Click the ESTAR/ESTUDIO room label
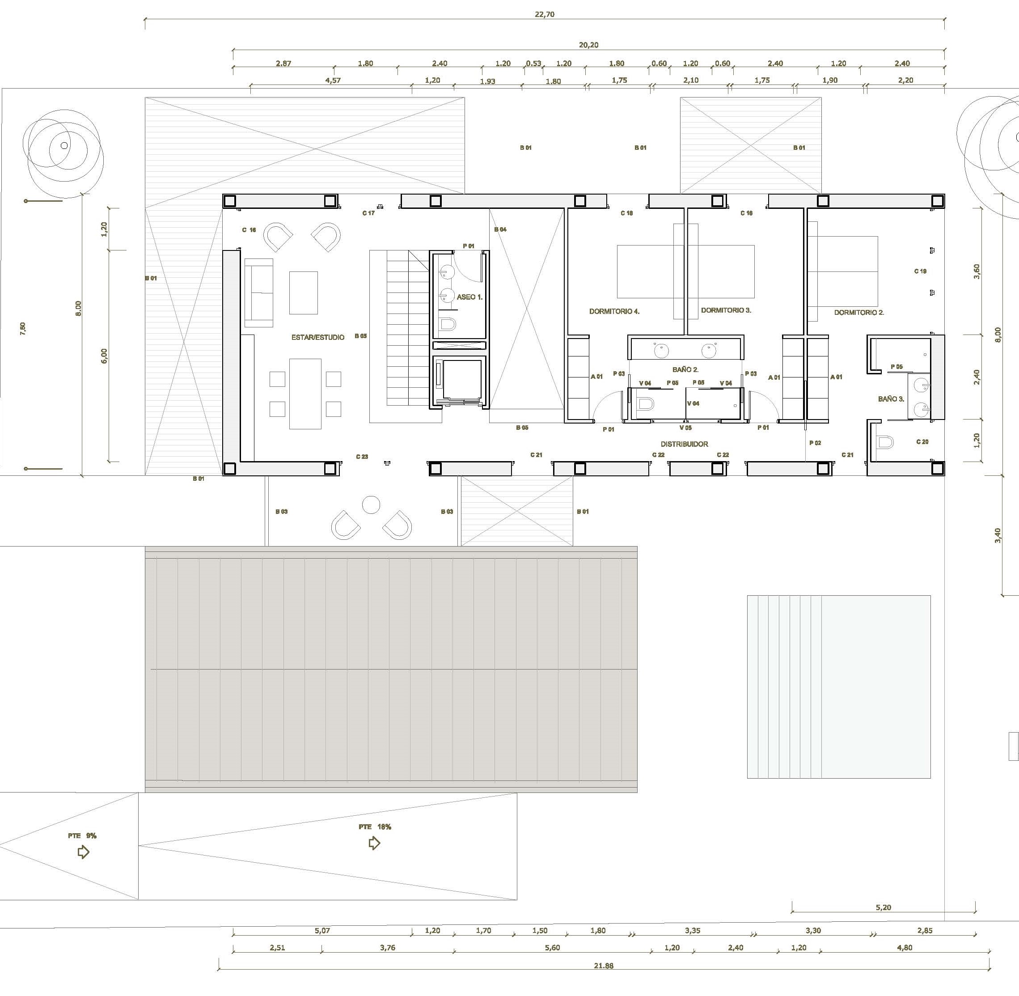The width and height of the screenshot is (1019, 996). point(317,337)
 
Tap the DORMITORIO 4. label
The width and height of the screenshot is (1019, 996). point(614,311)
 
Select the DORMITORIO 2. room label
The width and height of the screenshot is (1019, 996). point(859,312)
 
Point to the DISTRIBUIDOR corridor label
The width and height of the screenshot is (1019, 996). point(684,444)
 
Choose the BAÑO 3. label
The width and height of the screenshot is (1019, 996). point(891,398)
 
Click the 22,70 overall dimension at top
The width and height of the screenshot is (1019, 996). point(545,15)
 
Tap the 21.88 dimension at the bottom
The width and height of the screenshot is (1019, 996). point(604,966)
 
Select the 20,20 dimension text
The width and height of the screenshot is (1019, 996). point(588,45)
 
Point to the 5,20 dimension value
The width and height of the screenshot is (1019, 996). point(883,907)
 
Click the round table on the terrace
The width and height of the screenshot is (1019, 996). point(371,505)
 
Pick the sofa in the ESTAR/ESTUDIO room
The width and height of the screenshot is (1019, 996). point(258,293)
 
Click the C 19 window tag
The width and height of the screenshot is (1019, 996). point(920,271)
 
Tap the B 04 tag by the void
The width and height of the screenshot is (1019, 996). point(501,229)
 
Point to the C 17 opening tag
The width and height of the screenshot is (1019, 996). point(368,213)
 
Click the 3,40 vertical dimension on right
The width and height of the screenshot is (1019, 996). point(998,536)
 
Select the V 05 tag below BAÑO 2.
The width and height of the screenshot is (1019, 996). point(685,428)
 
